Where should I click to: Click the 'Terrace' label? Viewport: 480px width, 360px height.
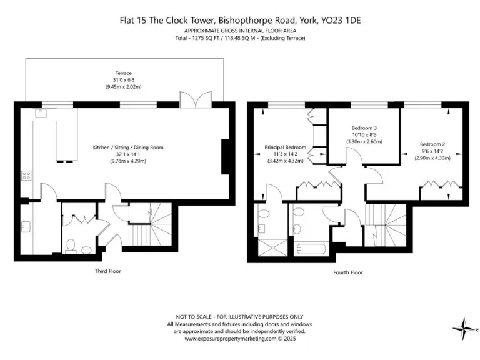coord(124,73)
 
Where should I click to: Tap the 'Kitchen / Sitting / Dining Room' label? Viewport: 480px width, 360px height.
coord(127,147)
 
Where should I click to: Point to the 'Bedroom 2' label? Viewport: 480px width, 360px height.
coord(432,144)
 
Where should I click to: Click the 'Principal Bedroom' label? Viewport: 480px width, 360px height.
coord(284,147)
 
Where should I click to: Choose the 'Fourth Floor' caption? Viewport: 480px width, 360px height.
coord(348,272)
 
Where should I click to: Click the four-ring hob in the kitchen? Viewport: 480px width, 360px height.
coord(27,175)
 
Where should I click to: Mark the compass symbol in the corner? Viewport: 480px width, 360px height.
coord(466,328)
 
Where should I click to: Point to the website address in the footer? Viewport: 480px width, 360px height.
coord(240,339)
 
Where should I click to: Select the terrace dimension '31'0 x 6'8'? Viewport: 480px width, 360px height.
coord(124,79)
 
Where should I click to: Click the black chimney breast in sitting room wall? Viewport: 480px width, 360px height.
coord(226,156)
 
